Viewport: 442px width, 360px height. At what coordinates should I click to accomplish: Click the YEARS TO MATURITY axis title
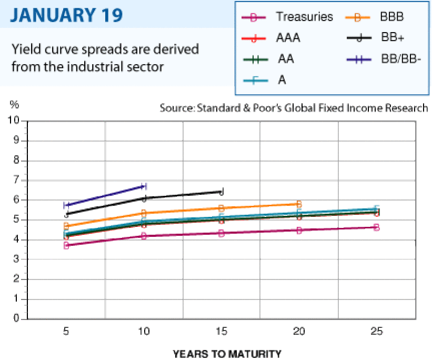[x=227, y=353]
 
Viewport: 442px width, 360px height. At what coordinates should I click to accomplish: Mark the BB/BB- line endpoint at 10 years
[x=144, y=186]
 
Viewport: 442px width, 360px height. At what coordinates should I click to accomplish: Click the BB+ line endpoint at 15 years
[x=222, y=192]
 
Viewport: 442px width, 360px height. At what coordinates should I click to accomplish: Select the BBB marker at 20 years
[x=299, y=204]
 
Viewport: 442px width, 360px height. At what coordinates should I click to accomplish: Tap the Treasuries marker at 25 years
[x=376, y=227]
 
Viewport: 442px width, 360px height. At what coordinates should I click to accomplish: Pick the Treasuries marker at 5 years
[x=66, y=245]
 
